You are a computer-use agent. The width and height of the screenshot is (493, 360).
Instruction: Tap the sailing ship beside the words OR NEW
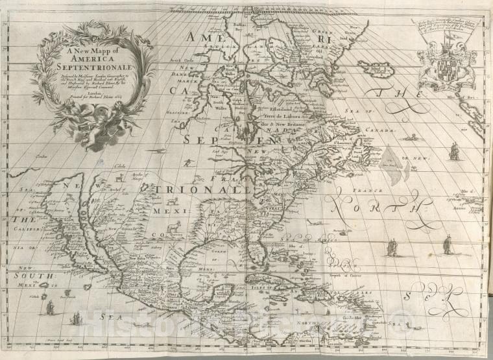(454, 151)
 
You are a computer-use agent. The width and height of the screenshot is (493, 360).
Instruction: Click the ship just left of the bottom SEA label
(76, 318)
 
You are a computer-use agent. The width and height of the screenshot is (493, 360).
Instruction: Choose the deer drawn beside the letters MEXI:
(174, 227)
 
